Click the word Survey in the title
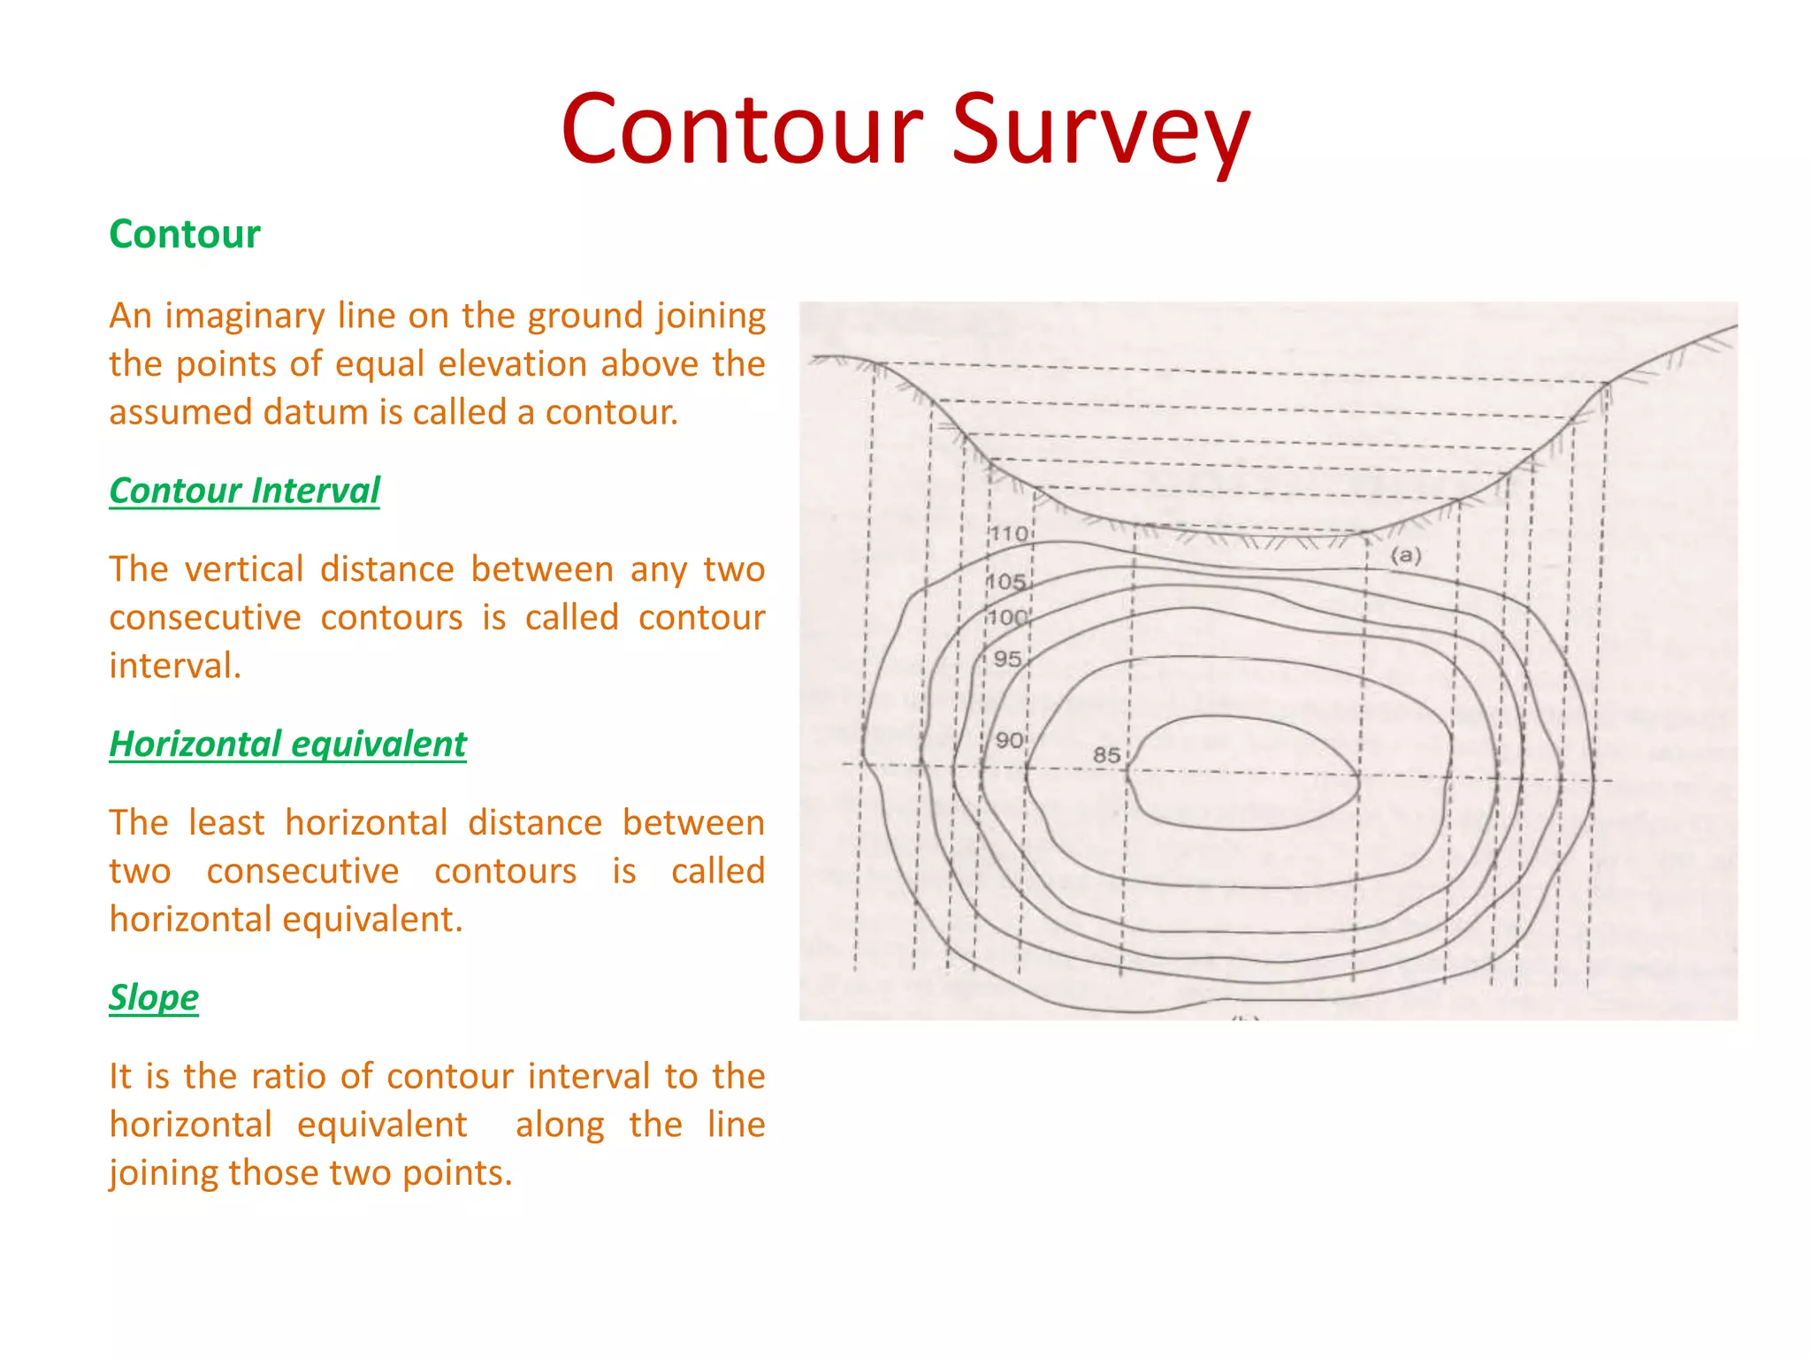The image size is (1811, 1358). [x=1101, y=131]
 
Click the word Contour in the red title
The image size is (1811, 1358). [x=742, y=131]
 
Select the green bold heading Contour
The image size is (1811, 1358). [x=185, y=234]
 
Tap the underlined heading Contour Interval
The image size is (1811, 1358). [x=244, y=491]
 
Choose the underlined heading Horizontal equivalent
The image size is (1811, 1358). [x=287, y=744]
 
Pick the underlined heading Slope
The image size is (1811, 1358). [x=154, y=998]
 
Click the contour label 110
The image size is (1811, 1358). [x=1008, y=534]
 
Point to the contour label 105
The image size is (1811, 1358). [x=1006, y=582]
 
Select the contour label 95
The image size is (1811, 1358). [x=1007, y=659]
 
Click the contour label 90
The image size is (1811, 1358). [x=1009, y=740]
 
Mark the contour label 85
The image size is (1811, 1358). [x=1106, y=755]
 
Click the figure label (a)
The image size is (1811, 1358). [x=1406, y=555]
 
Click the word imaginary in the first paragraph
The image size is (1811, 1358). [x=245, y=317]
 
